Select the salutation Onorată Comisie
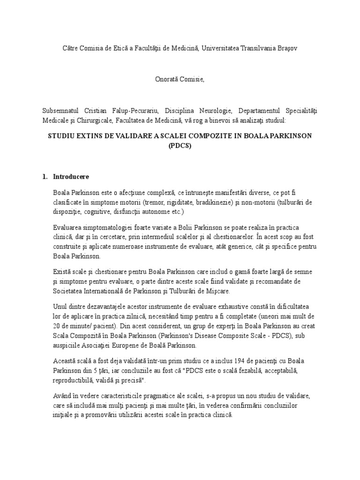(180, 80)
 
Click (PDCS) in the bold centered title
(180, 145)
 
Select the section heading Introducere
(71, 177)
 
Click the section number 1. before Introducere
(45, 177)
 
